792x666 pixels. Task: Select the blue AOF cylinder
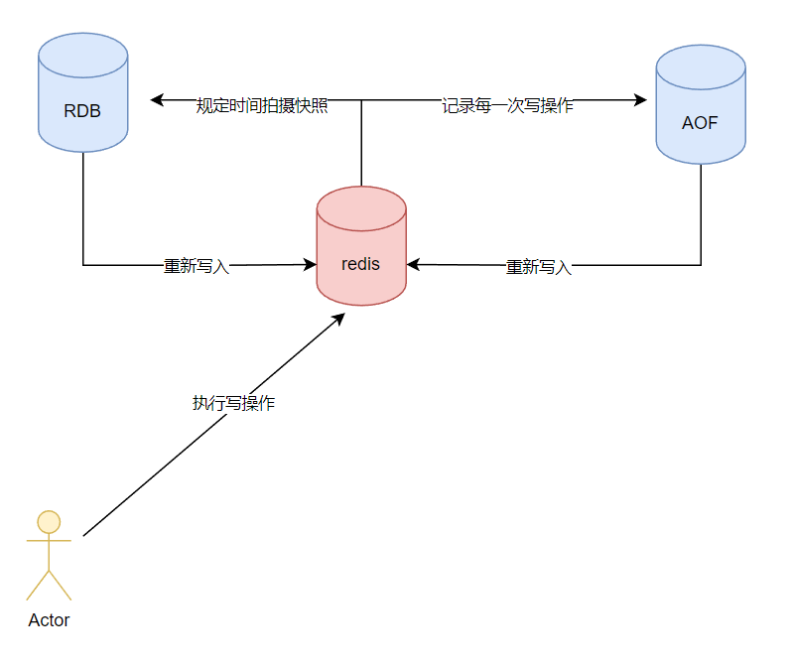click(700, 104)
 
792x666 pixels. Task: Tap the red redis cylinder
click(361, 245)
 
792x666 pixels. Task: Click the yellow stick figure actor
click(49, 555)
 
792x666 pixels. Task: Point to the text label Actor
click(49, 620)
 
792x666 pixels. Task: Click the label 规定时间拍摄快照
click(262, 106)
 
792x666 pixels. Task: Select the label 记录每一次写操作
click(507, 106)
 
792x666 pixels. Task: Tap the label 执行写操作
click(233, 403)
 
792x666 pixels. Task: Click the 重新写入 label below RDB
click(197, 266)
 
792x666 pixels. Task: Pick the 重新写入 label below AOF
click(539, 267)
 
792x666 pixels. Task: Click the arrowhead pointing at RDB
click(157, 100)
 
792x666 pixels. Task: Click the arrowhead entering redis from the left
click(309, 265)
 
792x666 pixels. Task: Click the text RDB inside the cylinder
click(82, 110)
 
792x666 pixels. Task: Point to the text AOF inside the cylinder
click(700, 124)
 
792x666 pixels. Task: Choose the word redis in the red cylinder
click(361, 264)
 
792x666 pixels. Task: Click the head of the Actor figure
click(49, 521)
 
